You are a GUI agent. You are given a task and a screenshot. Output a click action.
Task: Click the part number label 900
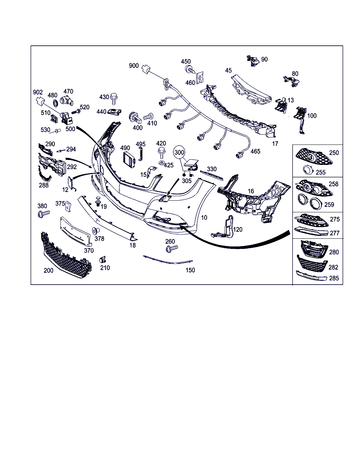point(134,66)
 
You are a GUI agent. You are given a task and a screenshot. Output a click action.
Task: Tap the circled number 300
point(179,152)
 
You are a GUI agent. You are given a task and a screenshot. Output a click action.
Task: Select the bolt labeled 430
point(114,99)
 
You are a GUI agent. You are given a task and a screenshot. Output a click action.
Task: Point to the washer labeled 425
point(161,163)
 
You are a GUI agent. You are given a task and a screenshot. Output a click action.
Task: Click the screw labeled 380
point(44,214)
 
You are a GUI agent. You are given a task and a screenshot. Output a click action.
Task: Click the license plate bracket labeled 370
point(76,231)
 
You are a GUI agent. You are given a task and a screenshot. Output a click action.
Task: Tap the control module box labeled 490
point(129,160)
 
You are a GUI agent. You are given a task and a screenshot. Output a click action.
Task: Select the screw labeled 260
point(172,248)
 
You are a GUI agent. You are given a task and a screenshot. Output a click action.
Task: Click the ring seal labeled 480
point(56,103)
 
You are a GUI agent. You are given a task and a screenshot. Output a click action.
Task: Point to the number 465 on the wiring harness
point(255,152)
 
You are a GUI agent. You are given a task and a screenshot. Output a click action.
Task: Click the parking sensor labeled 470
point(66,101)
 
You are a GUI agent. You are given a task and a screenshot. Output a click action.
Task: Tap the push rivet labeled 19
point(98,201)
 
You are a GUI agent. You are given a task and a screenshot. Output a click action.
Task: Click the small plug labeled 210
point(103,259)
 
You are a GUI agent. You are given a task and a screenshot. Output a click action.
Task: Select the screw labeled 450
point(190,69)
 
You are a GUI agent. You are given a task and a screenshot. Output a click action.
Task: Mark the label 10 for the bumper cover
point(204,218)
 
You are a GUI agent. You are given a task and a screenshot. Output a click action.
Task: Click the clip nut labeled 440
point(114,112)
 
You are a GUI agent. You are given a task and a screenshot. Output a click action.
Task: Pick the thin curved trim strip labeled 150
point(168,260)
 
